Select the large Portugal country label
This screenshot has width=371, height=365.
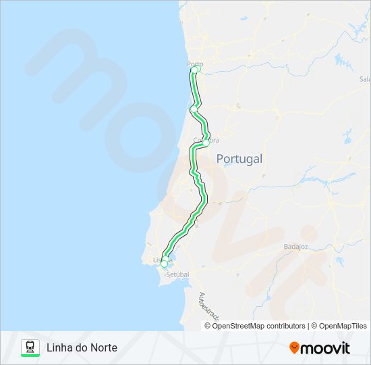(239, 159)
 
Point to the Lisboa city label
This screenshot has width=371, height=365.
(163, 260)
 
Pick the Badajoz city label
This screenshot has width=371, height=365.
(295, 247)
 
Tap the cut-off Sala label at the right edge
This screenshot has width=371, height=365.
(365, 78)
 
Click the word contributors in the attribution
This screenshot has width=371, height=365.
(286, 326)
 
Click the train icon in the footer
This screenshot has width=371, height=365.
(30, 346)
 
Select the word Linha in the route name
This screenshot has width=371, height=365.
(59, 347)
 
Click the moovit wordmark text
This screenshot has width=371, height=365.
(325, 348)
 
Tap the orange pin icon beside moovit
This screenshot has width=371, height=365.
(294, 347)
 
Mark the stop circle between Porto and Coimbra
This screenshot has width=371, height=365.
(194, 109)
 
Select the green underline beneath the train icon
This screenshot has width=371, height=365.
(30, 356)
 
